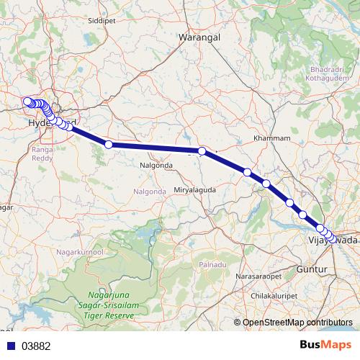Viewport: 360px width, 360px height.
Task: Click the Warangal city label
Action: click(198, 35)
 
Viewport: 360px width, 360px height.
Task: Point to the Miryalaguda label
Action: click(195, 189)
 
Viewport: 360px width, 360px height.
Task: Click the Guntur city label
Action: click(312, 269)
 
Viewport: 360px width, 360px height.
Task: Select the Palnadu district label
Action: click(212, 265)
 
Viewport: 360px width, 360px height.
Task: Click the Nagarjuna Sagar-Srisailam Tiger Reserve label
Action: click(110, 305)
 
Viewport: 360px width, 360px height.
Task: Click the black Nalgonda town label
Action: click(155, 165)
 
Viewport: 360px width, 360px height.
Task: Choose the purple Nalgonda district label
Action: click(150, 192)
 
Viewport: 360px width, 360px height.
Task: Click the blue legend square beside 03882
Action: click(10, 346)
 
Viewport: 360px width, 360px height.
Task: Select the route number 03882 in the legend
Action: click(36, 346)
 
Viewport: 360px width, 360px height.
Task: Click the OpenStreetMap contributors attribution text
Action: click(297, 323)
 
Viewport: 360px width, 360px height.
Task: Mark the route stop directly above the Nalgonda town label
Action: click(109, 145)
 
